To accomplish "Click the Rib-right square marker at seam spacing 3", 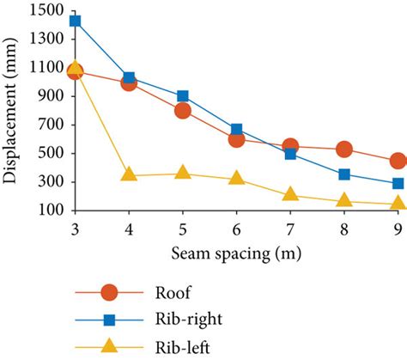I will (x=75, y=21).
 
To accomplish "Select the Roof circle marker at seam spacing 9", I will (x=398, y=161).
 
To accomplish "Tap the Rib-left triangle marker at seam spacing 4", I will (x=129, y=174).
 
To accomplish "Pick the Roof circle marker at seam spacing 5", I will (x=183, y=111).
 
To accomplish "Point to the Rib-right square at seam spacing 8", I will (x=344, y=174).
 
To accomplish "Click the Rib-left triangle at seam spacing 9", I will (x=398, y=203).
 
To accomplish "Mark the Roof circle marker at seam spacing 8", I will (x=344, y=149).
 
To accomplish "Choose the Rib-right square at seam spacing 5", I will (x=183, y=96).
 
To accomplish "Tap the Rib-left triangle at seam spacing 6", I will (x=237, y=178).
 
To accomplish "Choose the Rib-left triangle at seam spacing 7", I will (x=290, y=194).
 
